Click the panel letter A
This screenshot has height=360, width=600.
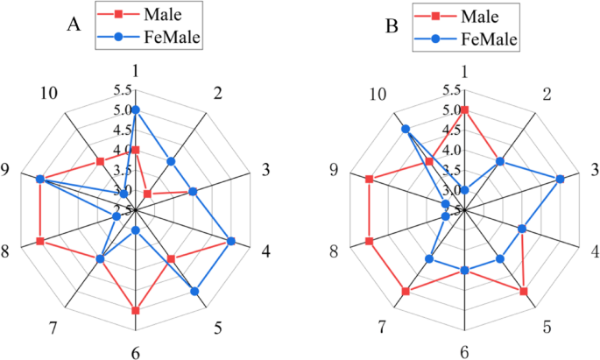pyautogui.click(x=75, y=25)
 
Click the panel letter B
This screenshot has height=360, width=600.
pyautogui.click(x=392, y=26)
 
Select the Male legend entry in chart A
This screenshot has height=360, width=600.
pyautogui.click(x=150, y=16)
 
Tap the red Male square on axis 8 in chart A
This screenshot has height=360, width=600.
pyautogui.click(x=40, y=241)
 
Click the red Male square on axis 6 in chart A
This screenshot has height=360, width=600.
pyautogui.click(x=136, y=310)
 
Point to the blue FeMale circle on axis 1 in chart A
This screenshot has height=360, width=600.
pyautogui.click(x=136, y=109)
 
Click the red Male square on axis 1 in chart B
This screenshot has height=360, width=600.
pyautogui.click(x=465, y=109)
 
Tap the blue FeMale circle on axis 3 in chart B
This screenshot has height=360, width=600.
pyautogui.click(x=561, y=179)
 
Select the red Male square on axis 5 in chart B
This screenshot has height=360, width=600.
pyautogui.click(x=524, y=291)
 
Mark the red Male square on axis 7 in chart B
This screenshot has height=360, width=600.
pyautogui.click(x=406, y=291)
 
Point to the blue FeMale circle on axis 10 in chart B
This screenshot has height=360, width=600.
pyautogui.click(x=406, y=130)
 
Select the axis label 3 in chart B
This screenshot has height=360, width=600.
pyautogui.click(x=593, y=170)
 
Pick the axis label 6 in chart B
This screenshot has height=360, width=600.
pyautogui.click(x=465, y=353)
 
